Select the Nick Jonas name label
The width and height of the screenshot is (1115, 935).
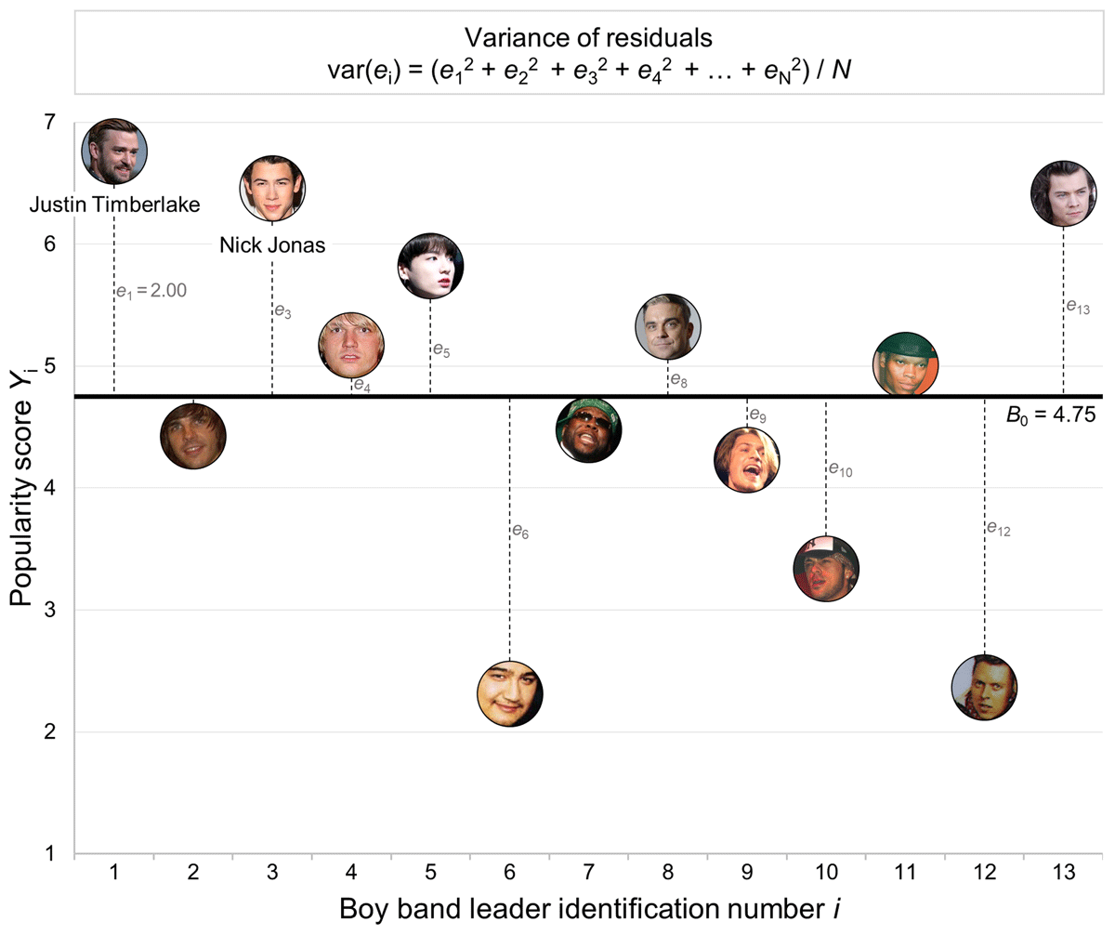[x=271, y=247]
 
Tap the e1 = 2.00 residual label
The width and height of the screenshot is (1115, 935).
[x=152, y=291]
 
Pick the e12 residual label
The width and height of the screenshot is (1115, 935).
[x=999, y=531]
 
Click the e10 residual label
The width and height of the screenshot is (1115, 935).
[x=839, y=470]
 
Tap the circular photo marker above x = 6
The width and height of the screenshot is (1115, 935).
[x=509, y=693]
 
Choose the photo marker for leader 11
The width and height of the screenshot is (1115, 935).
[x=905, y=362]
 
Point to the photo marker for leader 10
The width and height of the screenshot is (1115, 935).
[x=826, y=568]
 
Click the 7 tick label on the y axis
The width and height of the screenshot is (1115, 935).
[x=48, y=122]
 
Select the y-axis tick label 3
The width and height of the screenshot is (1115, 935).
[x=48, y=610]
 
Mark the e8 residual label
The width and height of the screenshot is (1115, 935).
[x=678, y=381]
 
